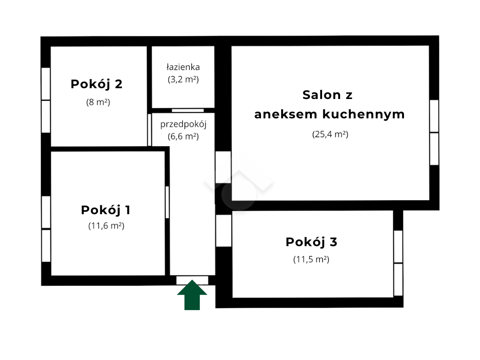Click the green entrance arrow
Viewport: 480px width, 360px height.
pos(192,295)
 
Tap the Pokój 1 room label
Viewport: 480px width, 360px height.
pos(106,210)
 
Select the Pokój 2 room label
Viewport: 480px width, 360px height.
pos(96,84)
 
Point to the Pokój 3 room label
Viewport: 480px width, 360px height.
pos(311,242)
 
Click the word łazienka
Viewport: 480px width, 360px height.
pos(183,67)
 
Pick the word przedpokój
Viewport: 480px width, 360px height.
pos(184,125)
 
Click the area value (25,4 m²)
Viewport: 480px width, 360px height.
pos(330,135)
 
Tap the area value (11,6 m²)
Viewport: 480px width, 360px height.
pos(106,226)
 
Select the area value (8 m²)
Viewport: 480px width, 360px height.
pos(98,102)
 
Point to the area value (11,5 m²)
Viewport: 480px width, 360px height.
pos(311,260)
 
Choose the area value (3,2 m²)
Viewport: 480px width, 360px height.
pos(183,80)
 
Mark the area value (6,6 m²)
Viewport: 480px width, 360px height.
pos(183,136)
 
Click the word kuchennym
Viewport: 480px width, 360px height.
pos(363,114)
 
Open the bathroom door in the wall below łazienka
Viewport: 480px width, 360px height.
pos(188,111)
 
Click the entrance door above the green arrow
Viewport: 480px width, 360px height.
pos(192,280)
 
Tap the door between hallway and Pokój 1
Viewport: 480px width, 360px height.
pos(167,202)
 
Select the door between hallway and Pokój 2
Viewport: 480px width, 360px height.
pos(149,130)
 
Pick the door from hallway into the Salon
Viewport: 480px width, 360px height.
pos(223,167)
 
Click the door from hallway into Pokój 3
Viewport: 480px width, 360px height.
pos(224,230)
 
